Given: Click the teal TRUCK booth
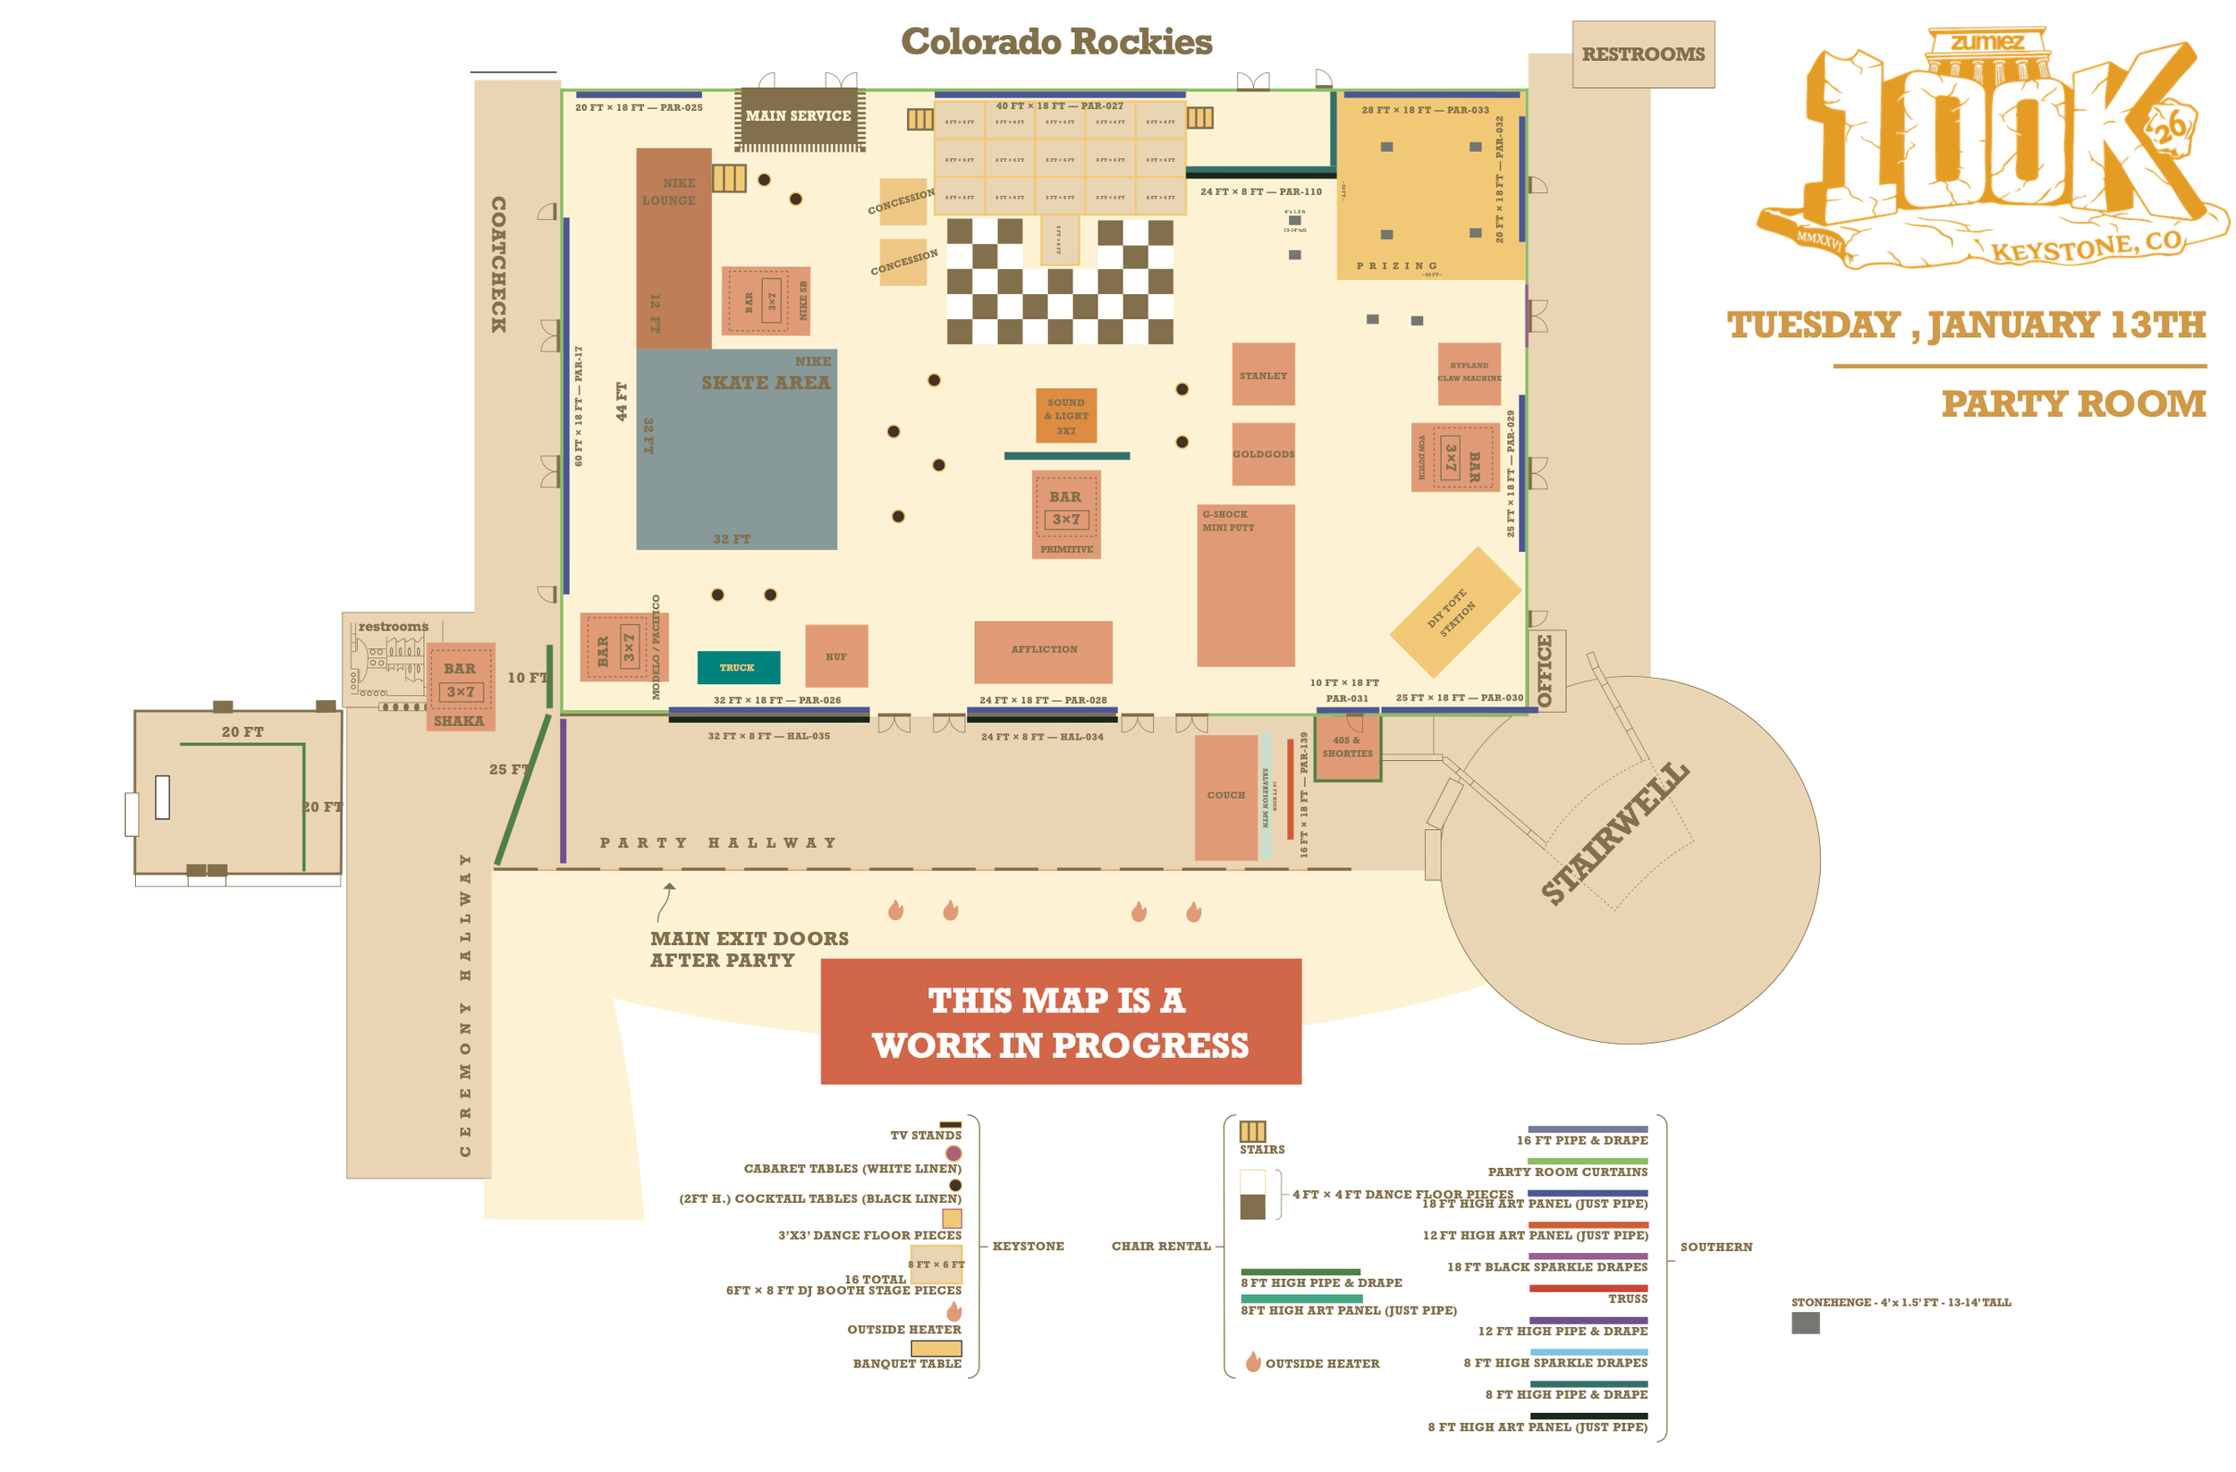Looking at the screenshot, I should (x=739, y=667).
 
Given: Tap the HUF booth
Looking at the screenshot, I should (x=836, y=656).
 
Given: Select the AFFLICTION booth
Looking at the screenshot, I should (x=1043, y=651).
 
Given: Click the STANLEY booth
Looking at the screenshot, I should (x=1263, y=374).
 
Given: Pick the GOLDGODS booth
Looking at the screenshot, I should (x=1263, y=453).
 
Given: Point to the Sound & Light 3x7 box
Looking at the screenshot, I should (x=1065, y=415).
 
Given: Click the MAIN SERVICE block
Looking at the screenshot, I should (x=799, y=116).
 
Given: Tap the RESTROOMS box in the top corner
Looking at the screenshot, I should (x=1642, y=55).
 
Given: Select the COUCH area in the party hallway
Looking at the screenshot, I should (x=1225, y=797).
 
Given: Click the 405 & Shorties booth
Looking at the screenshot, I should (x=1347, y=748).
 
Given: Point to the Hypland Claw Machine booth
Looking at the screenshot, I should (x=1469, y=373).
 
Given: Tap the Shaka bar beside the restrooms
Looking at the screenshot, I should (x=460, y=688).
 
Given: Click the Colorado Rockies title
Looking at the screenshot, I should (x=1056, y=41).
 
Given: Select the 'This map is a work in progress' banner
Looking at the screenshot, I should (x=1061, y=1021).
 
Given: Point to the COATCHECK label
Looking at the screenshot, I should (x=498, y=264).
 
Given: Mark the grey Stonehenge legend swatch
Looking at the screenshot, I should (x=1805, y=1323).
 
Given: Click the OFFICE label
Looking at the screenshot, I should (x=1545, y=670).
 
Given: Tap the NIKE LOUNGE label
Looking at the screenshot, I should (x=670, y=191).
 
